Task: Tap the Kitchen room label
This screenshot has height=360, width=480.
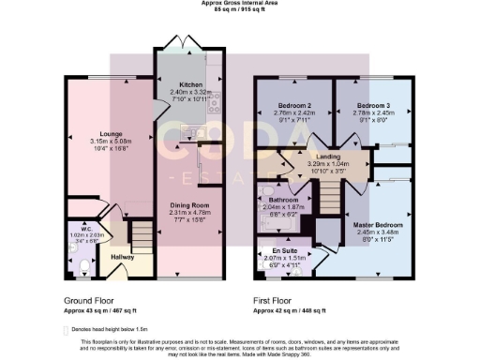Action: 190,84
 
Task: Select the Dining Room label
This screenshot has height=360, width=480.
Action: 189,204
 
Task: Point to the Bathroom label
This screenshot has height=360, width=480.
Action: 283,200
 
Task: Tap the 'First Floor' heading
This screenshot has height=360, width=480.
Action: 274,303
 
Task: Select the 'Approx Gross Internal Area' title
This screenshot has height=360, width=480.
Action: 239,3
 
